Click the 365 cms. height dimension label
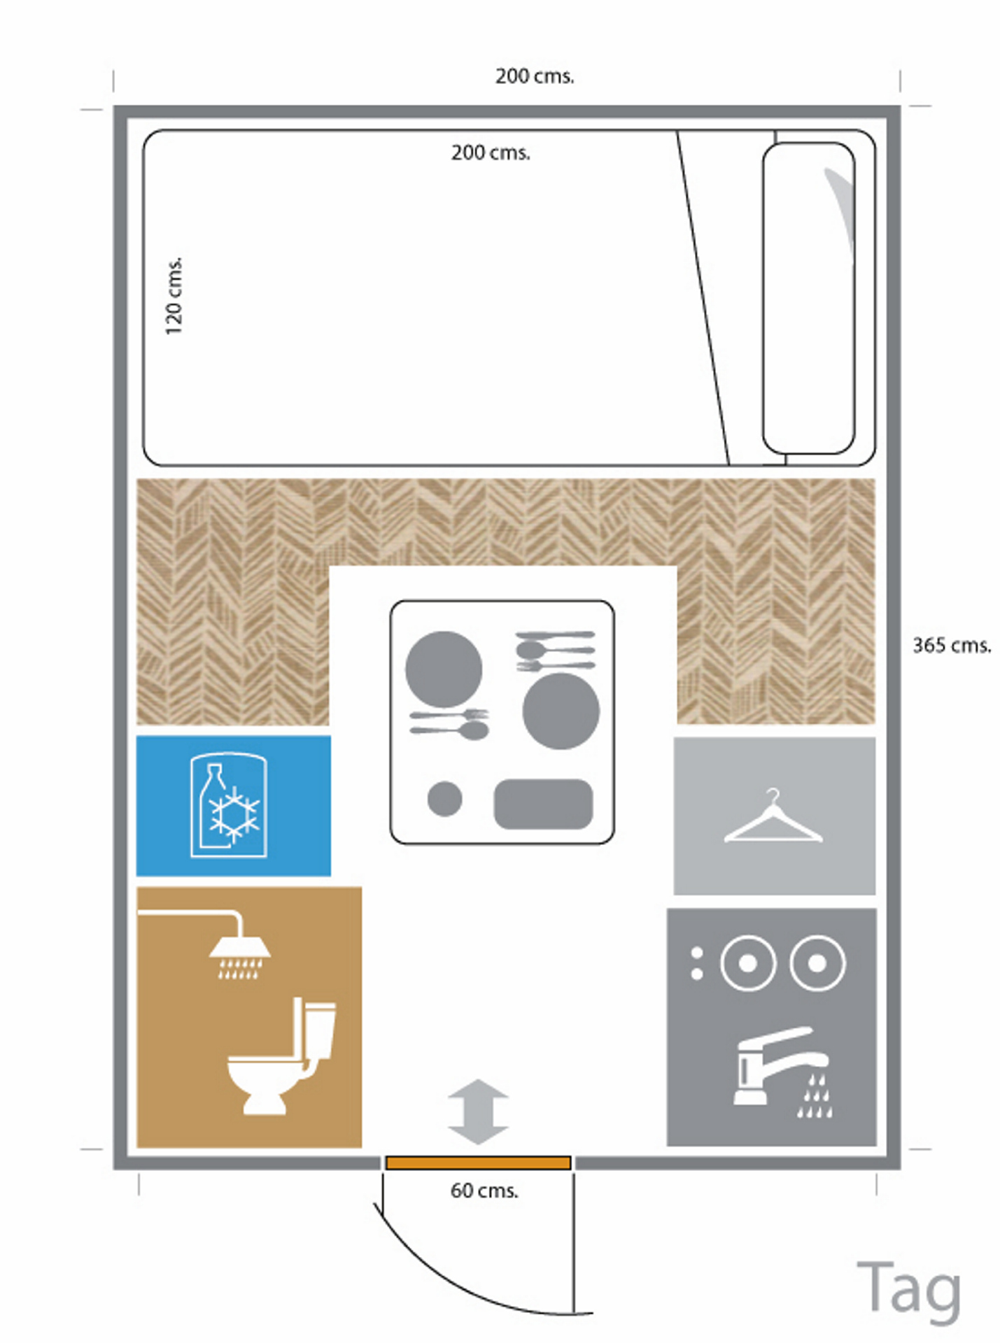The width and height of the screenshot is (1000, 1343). coord(952,645)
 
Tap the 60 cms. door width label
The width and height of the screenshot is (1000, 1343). coord(484,1191)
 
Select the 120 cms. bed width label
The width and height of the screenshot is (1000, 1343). coord(173,296)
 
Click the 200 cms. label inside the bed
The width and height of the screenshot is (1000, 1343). coord(491,152)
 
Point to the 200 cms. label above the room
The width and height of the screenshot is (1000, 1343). coord(535,76)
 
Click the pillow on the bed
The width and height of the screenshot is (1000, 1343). coord(808,299)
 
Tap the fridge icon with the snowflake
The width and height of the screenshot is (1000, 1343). coord(229,805)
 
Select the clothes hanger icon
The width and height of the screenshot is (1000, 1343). coord(773,816)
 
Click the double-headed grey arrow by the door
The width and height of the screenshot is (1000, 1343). coord(478,1111)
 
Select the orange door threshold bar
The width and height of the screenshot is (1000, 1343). coord(479,1163)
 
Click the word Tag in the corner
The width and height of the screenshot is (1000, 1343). coord(909,1290)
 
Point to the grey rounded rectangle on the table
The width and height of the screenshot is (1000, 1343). coord(543,804)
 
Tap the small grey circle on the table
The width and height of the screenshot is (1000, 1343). coord(445,799)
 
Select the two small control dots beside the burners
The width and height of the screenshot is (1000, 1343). coord(696,963)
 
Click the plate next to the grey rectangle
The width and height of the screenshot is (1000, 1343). coord(561,711)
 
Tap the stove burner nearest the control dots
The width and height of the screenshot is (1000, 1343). coord(747,963)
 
